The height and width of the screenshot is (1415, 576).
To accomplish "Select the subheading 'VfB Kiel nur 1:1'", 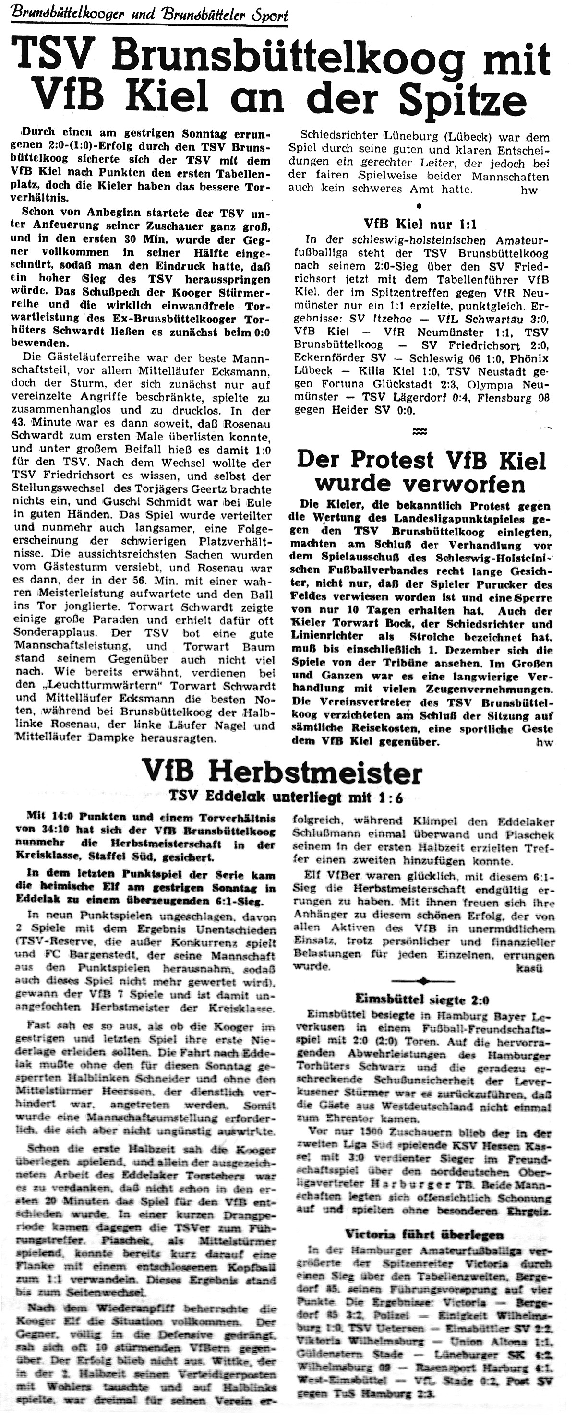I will [420, 224].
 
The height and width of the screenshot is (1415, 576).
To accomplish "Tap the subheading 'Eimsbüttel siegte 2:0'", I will [421, 999].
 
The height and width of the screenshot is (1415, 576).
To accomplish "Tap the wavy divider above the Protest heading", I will [420, 432].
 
